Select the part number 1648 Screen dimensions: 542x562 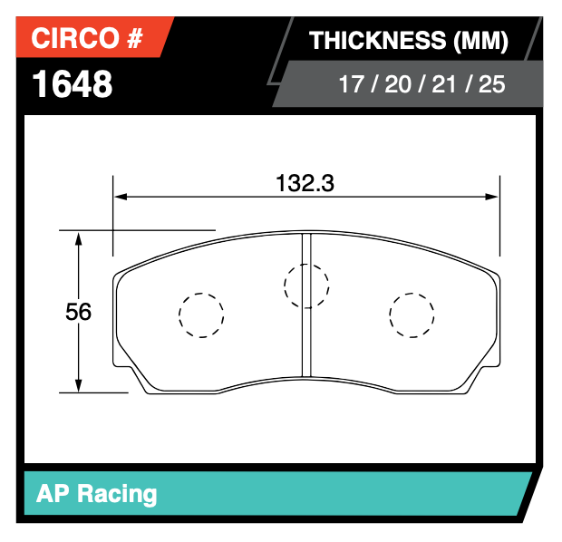(73, 84)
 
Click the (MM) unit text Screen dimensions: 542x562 (477, 41)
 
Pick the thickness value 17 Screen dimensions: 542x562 (351, 86)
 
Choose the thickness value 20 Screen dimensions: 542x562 (396, 86)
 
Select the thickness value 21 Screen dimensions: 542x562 (441, 86)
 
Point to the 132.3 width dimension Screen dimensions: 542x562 (305, 183)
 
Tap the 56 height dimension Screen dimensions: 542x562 (78, 312)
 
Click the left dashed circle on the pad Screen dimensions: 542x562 (200, 315)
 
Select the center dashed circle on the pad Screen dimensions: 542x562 (306, 286)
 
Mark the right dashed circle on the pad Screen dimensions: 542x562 (412, 315)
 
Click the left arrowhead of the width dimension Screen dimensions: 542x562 (119, 197)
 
